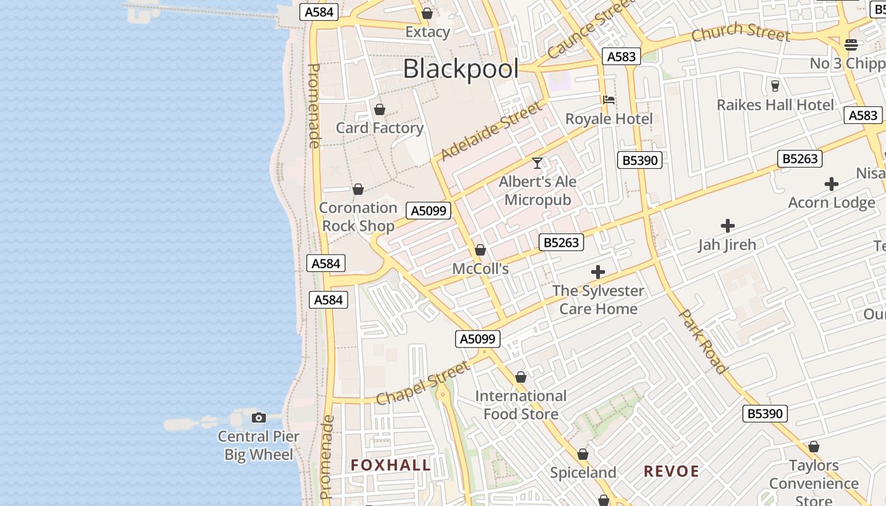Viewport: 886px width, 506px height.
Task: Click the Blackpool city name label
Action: pos(461,69)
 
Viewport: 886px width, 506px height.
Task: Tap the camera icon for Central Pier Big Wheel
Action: pos(258,417)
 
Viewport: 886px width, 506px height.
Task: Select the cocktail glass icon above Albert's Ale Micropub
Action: pos(537,163)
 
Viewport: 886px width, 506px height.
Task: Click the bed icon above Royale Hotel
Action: pos(609,99)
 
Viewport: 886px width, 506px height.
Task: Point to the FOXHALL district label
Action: pos(390,466)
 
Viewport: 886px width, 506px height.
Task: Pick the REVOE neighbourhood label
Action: pos(671,471)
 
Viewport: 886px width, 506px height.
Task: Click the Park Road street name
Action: pos(702,341)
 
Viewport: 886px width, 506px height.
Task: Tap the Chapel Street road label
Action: pos(423,383)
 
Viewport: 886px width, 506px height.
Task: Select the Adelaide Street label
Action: pos(491,131)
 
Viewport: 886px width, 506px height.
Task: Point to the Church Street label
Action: pos(740,32)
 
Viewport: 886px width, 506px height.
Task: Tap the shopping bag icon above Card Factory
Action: pos(380,109)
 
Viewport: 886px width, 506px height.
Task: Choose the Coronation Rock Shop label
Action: pos(358,216)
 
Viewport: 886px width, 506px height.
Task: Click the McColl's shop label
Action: pos(480,269)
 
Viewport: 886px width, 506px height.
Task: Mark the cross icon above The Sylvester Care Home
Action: pos(598,273)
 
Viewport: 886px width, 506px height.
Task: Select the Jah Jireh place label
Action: pos(727,245)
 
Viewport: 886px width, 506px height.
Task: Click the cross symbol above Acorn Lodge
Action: pos(832,184)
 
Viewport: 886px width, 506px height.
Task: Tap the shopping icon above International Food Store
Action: pos(521,378)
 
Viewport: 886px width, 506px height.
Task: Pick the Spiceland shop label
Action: pos(583,472)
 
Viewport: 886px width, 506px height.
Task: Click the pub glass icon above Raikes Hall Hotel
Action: pos(775,85)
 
